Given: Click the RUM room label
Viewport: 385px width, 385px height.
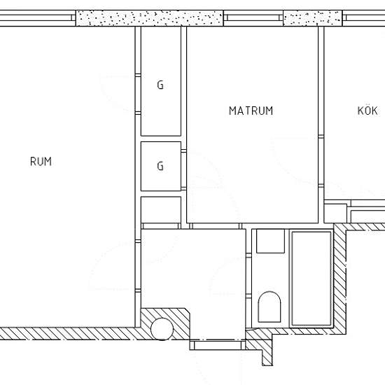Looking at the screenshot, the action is [x=41, y=162].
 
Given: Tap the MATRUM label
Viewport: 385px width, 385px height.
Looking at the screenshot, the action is [x=251, y=111].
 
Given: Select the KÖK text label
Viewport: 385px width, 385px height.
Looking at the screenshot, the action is [x=367, y=110].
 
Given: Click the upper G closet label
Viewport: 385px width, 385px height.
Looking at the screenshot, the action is [x=160, y=85].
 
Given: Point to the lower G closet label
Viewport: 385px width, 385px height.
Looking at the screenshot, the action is [x=160, y=166].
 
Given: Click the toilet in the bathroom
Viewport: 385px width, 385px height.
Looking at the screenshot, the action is [x=269, y=307].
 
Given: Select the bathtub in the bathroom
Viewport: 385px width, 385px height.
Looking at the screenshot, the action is [x=311, y=279].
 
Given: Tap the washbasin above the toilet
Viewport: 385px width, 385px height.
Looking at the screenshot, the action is [x=271, y=241].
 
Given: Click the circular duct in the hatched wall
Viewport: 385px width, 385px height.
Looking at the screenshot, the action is [x=162, y=329].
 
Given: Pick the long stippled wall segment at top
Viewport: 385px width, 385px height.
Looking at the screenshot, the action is [x=149, y=18].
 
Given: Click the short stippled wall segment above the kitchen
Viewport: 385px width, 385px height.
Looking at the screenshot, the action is [x=313, y=18].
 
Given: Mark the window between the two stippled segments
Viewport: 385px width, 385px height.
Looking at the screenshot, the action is [x=253, y=18].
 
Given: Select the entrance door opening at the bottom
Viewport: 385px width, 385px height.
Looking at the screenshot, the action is [x=218, y=345].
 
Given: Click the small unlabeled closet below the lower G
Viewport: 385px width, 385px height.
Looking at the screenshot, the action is [x=161, y=210].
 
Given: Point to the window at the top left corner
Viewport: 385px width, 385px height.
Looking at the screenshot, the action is [x=38, y=18].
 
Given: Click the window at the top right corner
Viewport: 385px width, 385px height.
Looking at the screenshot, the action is [x=363, y=18].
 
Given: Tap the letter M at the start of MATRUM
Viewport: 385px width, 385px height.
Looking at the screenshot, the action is [x=232, y=111].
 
